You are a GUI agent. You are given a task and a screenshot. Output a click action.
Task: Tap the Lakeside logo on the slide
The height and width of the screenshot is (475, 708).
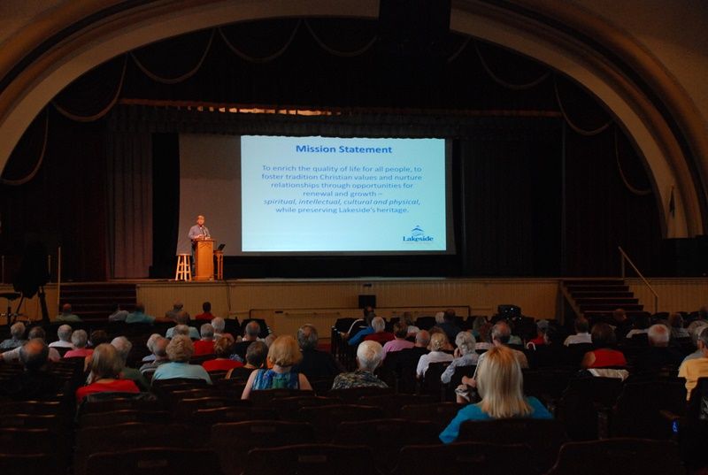pos(418,234)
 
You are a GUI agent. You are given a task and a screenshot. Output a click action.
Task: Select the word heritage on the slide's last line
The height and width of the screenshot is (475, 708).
pos(393,211)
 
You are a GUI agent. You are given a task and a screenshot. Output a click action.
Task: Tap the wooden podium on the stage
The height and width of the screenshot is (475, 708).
pos(204,259)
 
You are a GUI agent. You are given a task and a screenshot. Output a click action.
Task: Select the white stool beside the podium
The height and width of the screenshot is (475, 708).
pos(183,267)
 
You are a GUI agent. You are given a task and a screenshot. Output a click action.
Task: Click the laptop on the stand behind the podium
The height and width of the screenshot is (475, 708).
pos(220,247)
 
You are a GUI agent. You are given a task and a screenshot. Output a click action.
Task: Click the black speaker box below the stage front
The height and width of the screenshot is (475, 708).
pos(367,302)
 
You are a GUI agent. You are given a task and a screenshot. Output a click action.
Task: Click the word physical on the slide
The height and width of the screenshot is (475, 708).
pos(404,202)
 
